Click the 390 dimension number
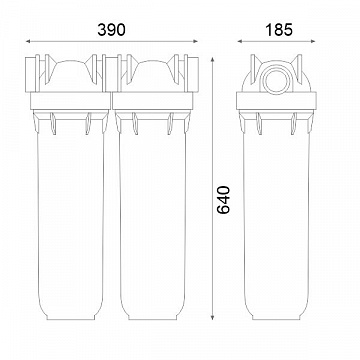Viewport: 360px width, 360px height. tap(111, 30)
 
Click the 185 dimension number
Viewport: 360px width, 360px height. tap(279, 30)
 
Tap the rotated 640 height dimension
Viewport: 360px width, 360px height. tap(223, 200)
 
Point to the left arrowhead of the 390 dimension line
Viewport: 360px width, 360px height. tap(28, 41)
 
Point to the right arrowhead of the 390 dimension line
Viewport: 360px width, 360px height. tap(196, 41)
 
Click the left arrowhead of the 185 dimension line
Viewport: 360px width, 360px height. tap(240, 41)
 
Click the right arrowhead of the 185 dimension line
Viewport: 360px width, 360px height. tap(313, 41)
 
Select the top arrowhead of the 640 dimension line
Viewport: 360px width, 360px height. tap(212, 59)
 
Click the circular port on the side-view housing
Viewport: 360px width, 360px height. tap(276, 80)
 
